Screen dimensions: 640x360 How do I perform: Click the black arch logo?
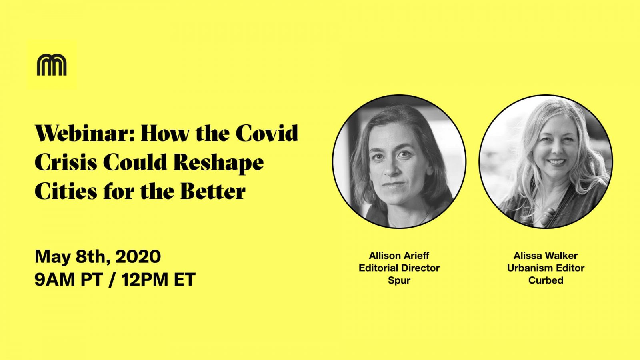(x=52, y=65)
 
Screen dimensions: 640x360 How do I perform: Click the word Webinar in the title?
(x=84, y=134)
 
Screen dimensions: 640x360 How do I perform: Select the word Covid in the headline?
(x=267, y=133)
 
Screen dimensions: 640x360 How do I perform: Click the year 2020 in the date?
(x=138, y=256)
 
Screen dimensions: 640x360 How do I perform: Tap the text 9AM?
(x=54, y=279)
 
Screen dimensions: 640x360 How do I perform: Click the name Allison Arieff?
(x=399, y=256)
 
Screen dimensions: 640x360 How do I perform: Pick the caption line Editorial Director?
(x=399, y=268)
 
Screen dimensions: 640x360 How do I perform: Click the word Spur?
(x=399, y=280)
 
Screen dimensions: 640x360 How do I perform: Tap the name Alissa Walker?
(x=546, y=256)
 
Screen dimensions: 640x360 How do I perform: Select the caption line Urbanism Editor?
(x=546, y=268)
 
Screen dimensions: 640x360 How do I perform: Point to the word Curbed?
(x=546, y=280)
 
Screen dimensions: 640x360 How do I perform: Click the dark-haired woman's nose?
(x=392, y=168)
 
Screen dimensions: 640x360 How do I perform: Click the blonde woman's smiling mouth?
(x=556, y=162)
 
